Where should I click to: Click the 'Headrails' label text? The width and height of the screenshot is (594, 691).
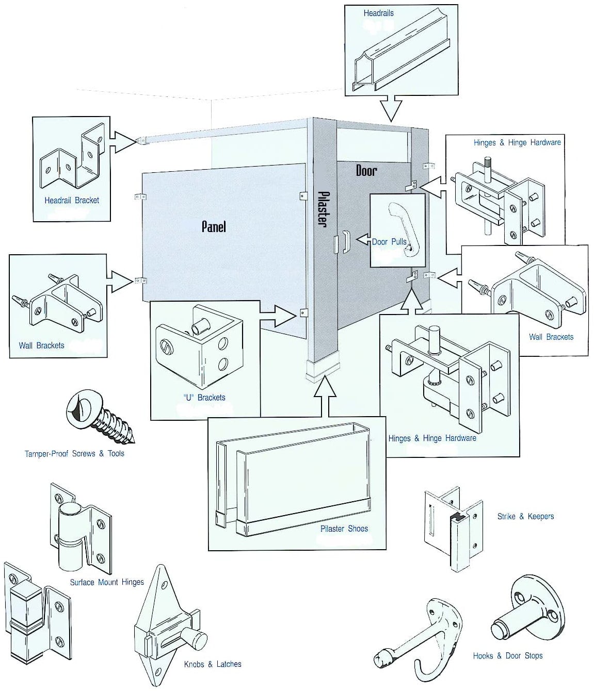coord(378,13)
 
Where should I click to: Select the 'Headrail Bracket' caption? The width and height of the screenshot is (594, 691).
coord(72,200)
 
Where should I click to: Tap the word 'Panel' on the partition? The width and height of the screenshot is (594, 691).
coord(213,226)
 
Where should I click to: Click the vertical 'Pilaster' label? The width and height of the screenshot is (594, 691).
coord(323,209)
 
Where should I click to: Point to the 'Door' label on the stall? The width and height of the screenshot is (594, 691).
coord(366,171)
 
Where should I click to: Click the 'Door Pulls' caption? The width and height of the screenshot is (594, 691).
coord(390,241)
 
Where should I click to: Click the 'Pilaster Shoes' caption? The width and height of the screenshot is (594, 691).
coord(344,529)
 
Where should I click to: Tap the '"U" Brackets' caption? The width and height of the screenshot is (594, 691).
coord(204,398)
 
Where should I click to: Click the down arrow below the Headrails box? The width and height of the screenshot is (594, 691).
coord(391,108)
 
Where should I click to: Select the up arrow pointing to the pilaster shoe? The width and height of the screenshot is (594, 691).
coord(325,396)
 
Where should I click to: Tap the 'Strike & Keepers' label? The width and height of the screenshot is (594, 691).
coord(525,516)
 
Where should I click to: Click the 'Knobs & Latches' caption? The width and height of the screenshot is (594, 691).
coord(213,664)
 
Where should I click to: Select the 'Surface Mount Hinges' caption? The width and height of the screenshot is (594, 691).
coord(107,582)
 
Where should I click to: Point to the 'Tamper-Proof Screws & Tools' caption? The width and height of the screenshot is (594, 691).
coord(74,454)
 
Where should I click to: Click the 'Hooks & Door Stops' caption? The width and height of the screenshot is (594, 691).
coord(508,656)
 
